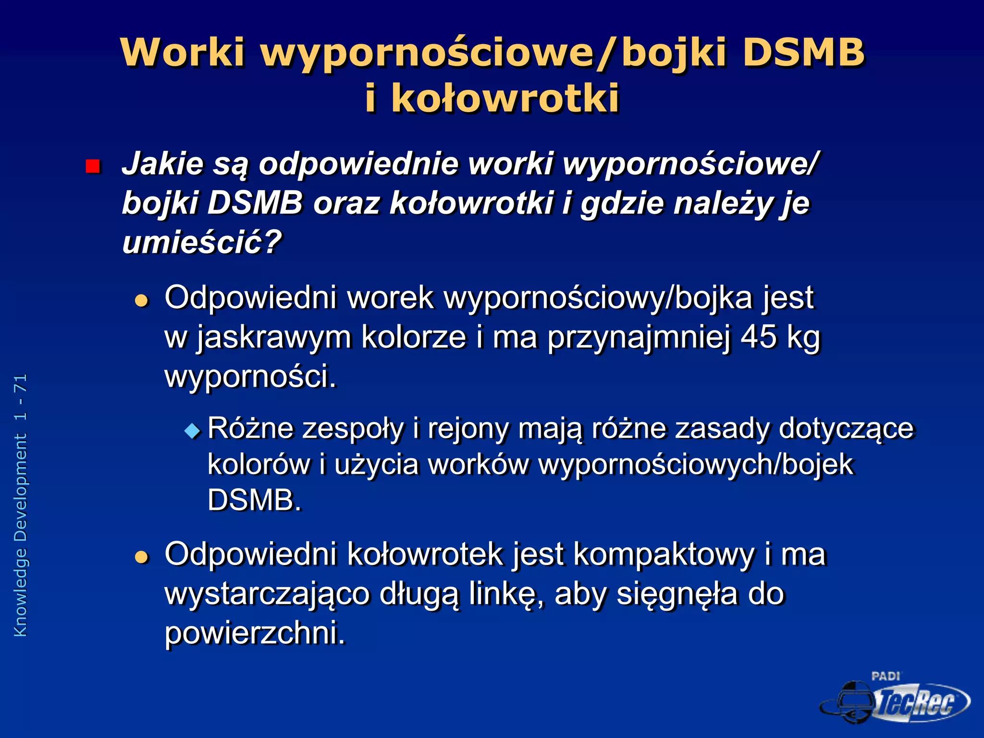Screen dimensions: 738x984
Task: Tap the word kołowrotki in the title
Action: pos(505,98)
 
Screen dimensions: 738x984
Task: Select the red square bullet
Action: pos(92,166)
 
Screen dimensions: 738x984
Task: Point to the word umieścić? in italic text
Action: pos(201,242)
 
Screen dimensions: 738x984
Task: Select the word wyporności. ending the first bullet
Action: pos(251,376)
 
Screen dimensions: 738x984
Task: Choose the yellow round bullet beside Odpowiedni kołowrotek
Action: pos(142,557)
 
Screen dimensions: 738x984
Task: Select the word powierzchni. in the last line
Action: pos(255,633)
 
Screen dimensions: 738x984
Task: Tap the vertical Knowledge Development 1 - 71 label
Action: pos(20,504)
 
